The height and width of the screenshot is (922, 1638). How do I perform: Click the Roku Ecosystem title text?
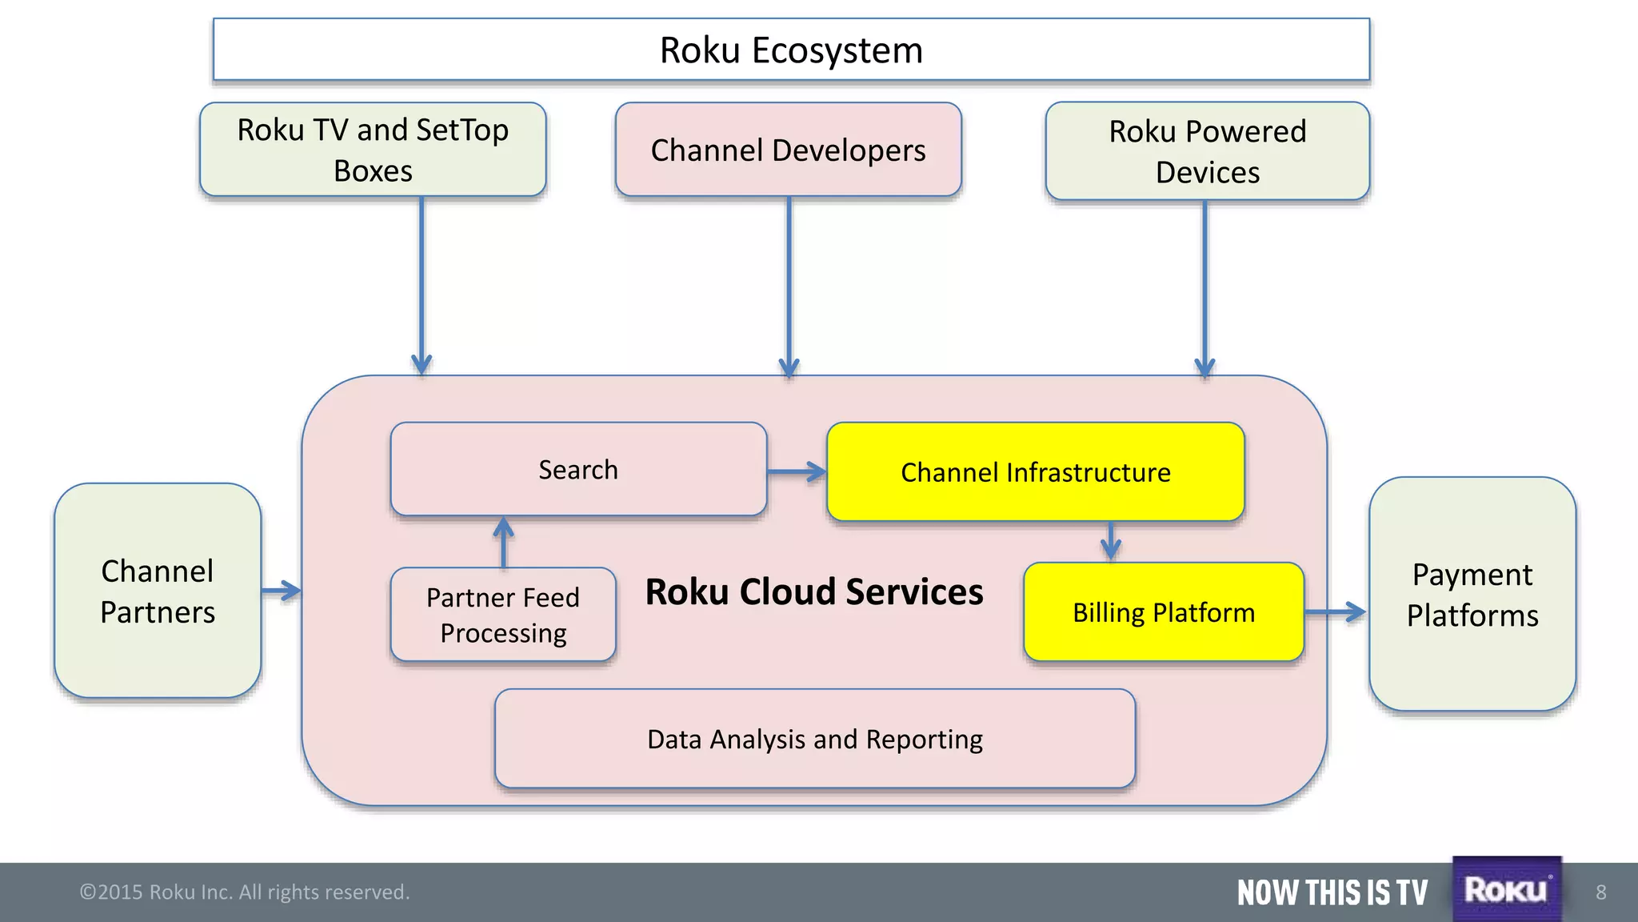[x=791, y=50]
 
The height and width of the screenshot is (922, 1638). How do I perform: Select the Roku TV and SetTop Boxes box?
[x=373, y=150]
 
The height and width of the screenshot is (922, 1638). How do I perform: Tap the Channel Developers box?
[x=788, y=150]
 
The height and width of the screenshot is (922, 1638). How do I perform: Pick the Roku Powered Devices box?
[x=1207, y=151]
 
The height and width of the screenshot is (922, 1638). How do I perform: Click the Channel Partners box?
[x=158, y=591]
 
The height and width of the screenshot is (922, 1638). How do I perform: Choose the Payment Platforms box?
[x=1472, y=595]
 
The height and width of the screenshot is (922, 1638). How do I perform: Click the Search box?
[x=578, y=470]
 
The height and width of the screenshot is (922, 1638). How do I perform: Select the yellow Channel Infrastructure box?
[x=1035, y=472]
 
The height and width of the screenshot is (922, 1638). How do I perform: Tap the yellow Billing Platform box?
[x=1163, y=612]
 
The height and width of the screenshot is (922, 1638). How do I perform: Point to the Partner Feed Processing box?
[x=503, y=615]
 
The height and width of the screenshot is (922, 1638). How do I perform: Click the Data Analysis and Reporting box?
[x=814, y=739]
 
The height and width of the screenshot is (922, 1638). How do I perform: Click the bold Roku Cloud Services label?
[x=814, y=592]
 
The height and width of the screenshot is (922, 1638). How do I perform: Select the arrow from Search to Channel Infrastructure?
[x=797, y=472]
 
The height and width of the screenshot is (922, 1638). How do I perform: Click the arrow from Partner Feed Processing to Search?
[x=503, y=542]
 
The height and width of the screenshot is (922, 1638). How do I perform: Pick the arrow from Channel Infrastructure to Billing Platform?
[x=1110, y=541]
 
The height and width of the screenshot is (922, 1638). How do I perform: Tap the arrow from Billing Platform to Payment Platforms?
[x=1335, y=612]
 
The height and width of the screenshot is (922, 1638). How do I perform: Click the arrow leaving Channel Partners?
[x=281, y=591]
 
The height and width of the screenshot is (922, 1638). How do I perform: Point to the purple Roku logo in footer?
[x=1506, y=890]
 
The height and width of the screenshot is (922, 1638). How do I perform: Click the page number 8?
[x=1600, y=892]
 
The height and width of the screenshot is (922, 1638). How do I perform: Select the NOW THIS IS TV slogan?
[x=1332, y=892]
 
